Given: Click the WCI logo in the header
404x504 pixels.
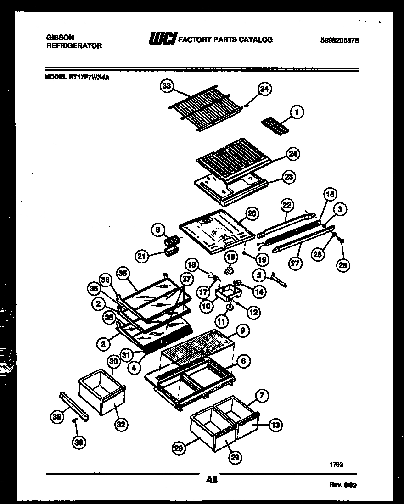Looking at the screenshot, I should click(162, 39).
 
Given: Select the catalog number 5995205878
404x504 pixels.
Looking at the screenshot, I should click(339, 40).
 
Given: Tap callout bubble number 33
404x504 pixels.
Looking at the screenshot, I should click(166, 85).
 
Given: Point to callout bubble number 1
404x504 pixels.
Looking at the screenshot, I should click(297, 111).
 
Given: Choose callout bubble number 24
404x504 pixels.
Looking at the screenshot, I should click(292, 154).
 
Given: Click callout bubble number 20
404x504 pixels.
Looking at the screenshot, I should click(252, 213).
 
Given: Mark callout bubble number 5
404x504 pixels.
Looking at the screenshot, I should click(259, 275).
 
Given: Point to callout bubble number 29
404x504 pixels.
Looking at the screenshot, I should click(236, 457).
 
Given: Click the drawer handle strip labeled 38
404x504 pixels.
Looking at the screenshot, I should click(73, 406).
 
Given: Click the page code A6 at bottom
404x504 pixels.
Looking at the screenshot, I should click(211, 480).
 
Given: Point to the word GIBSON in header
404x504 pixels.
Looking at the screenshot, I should click(60, 37).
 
